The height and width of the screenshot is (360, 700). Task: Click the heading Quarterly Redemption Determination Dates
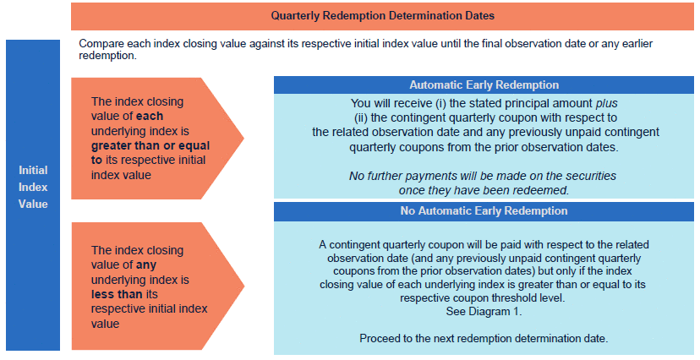(383, 15)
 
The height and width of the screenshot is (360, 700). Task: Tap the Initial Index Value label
(33, 187)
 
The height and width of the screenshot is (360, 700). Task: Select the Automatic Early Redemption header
(484, 85)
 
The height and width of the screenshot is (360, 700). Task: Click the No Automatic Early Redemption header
(484, 210)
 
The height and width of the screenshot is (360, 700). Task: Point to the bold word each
(150, 116)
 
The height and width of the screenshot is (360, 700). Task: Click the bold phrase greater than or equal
(150, 146)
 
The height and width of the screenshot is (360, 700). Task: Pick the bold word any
(146, 265)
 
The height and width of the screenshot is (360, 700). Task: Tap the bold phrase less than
(117, 294)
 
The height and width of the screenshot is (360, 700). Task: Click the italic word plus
(607, 103)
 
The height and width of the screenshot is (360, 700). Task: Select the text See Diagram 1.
(484, 311)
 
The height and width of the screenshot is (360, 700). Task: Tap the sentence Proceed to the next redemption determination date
(484, 338)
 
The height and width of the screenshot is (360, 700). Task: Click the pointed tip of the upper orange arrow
(243, 139)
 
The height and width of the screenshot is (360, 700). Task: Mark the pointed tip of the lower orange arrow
(243, 286)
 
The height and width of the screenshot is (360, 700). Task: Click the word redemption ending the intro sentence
(107, 56)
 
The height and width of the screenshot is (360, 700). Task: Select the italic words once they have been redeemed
(484, 190)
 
